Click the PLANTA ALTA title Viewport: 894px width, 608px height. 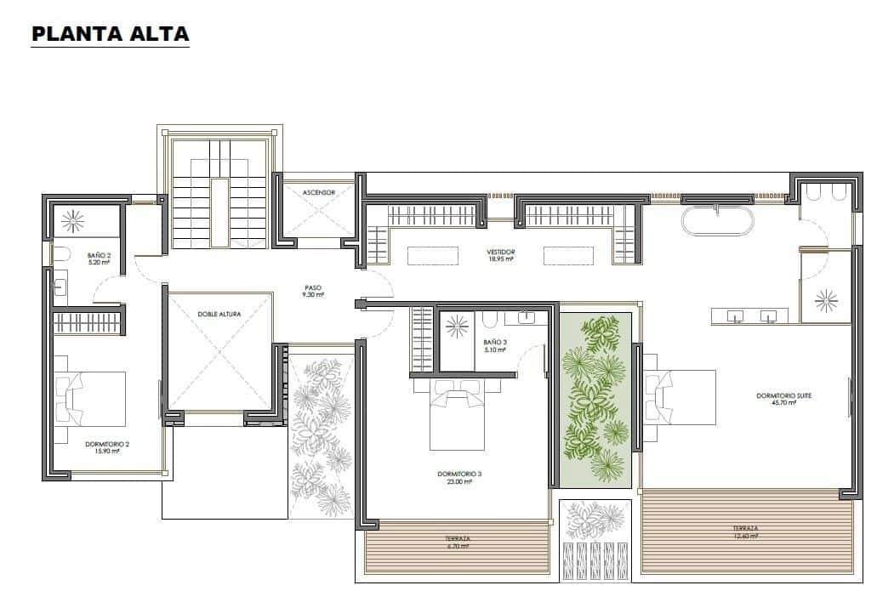(110, 34)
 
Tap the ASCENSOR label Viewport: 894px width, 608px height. (318, 193)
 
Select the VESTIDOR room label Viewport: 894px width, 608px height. (501, 255)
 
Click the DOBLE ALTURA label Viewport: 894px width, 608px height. (219, 314)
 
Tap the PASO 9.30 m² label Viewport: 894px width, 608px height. (312, 291)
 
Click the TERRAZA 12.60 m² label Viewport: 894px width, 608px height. (745, 532)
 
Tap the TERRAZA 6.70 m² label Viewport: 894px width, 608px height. (458, 542)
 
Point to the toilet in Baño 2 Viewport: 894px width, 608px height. (60, 253)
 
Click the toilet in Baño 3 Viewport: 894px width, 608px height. (489, 321)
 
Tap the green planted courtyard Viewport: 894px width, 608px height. (596, 398)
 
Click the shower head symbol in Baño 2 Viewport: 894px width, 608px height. (71, 221)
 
